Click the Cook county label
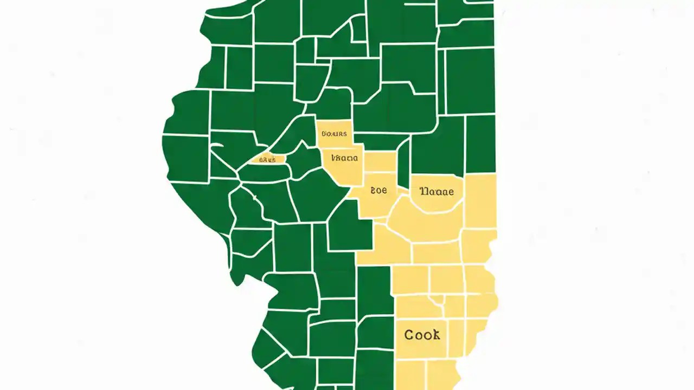[422, 335]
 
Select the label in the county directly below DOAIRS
[341, 158]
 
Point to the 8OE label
[378, 191]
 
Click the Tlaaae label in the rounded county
[437, 191]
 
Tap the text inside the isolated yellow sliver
[268, 160]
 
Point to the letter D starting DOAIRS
[324, 134]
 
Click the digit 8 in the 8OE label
[373, 191]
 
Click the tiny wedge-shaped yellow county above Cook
[438, 300]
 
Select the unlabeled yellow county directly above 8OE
[380, 161]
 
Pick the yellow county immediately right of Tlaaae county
[480, 200]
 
